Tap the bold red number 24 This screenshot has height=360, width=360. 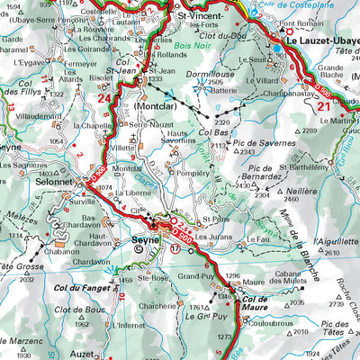(106, 98)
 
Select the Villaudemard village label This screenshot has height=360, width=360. (39, 116)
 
